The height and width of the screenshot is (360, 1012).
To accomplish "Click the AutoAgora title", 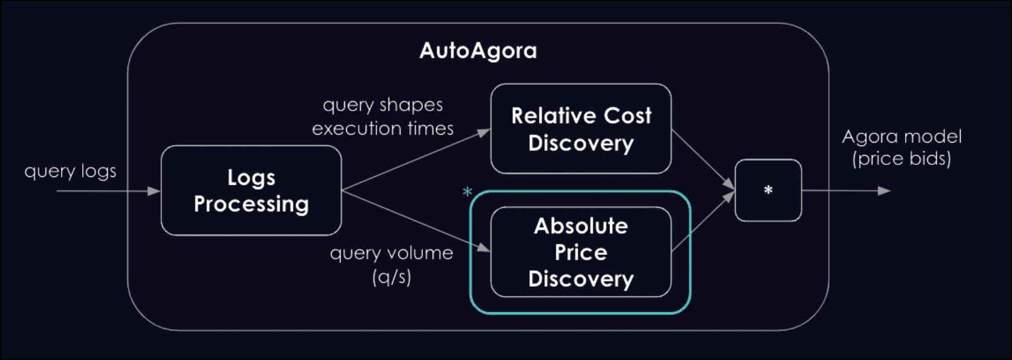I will [x=478, y=51].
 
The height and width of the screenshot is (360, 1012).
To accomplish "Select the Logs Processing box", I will [x=251, y=190].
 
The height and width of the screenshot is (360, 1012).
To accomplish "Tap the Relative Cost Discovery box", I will [x=581, y=129].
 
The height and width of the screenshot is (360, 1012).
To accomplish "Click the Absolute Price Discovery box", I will [x=581, y=252].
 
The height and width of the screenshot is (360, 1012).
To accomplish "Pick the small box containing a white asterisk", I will [x=768, y=190].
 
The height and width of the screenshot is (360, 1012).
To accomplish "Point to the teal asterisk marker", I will [x=467, y=193].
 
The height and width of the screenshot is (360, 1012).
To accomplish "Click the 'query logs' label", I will [x=70, y=172].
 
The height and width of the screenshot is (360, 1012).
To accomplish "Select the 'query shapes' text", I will [x=383, y=105].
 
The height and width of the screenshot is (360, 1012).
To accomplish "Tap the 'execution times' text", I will [x=383, y=128].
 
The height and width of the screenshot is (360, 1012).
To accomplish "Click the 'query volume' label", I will [x=392, y=252].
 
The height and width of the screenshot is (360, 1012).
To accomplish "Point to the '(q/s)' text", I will [x=392, y=277].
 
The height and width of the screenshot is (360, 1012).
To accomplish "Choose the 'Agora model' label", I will [x=901, y=137].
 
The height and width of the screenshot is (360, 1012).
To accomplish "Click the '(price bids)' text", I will [x=901, y=159].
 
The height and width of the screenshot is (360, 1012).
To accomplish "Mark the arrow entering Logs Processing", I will [x=109, y=191].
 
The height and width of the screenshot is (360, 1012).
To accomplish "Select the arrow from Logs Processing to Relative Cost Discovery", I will [x=416, y=160].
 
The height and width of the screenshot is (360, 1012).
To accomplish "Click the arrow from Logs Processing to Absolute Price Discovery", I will [x=416, y=220].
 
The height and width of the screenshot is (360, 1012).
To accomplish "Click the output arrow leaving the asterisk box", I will [x=846, y=191].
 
